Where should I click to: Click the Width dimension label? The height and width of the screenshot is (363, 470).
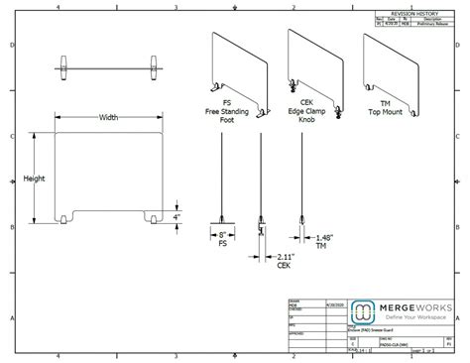pyautogui.click(x=109, y=117)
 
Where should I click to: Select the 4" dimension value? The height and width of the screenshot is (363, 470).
pyautogui.click(x=176, y=216)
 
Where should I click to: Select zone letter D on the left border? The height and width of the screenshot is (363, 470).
pyautogui.click(x=11, y=47)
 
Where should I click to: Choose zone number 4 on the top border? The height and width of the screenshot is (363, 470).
pyautogui.click(x=59, y=7)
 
